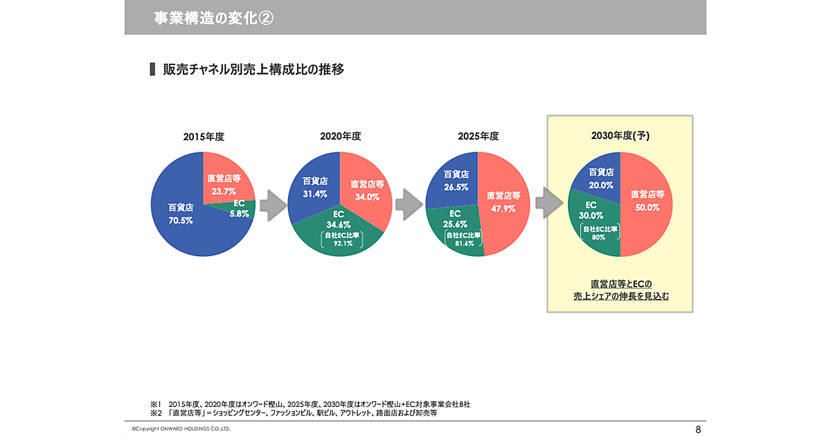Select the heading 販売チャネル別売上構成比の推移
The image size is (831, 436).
253,70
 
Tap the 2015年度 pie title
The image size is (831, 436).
204,136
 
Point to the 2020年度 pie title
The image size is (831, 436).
340,136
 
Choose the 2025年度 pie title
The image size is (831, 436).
478,136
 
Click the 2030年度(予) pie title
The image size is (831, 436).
620,136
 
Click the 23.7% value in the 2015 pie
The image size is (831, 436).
223,191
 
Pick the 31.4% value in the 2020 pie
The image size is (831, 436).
315,194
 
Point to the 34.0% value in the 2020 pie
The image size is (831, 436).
368,197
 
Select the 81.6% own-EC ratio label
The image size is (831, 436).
464,244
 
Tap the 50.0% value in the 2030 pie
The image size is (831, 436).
647,207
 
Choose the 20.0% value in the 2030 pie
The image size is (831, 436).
601,185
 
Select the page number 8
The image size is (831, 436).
698,429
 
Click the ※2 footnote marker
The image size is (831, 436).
155,412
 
